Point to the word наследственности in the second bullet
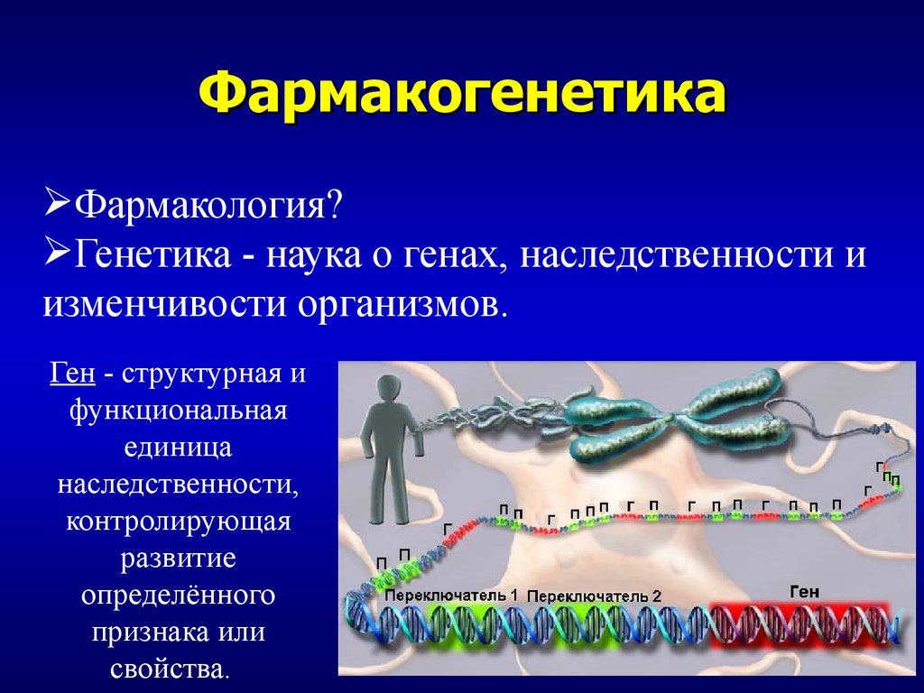point(677,254)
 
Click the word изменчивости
point(166,304)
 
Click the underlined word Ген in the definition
point(72,373)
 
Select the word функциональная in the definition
point(178,411)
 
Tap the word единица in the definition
point(178,448)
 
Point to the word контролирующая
point(178,522)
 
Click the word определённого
point(178,596)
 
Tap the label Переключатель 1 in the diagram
point(450,596)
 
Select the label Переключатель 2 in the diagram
point(594,596)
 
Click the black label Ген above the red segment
point(804,592)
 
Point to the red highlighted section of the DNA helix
point(799,626)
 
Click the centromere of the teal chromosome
point(673,420)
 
